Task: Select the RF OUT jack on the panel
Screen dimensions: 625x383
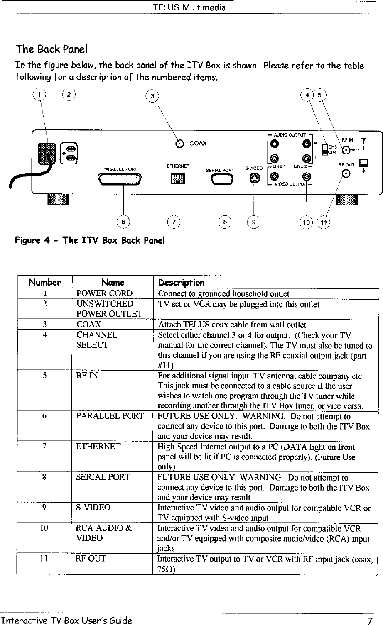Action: click(347, 174)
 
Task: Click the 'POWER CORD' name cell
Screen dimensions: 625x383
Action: click(102, 294)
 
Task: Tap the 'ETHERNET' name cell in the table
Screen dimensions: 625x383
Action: click(98, 447)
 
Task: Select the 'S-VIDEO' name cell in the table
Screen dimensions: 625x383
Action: click(93, 507)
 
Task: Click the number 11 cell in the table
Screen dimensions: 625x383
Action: click(44, 558)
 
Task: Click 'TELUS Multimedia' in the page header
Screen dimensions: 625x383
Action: click(189, 7)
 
